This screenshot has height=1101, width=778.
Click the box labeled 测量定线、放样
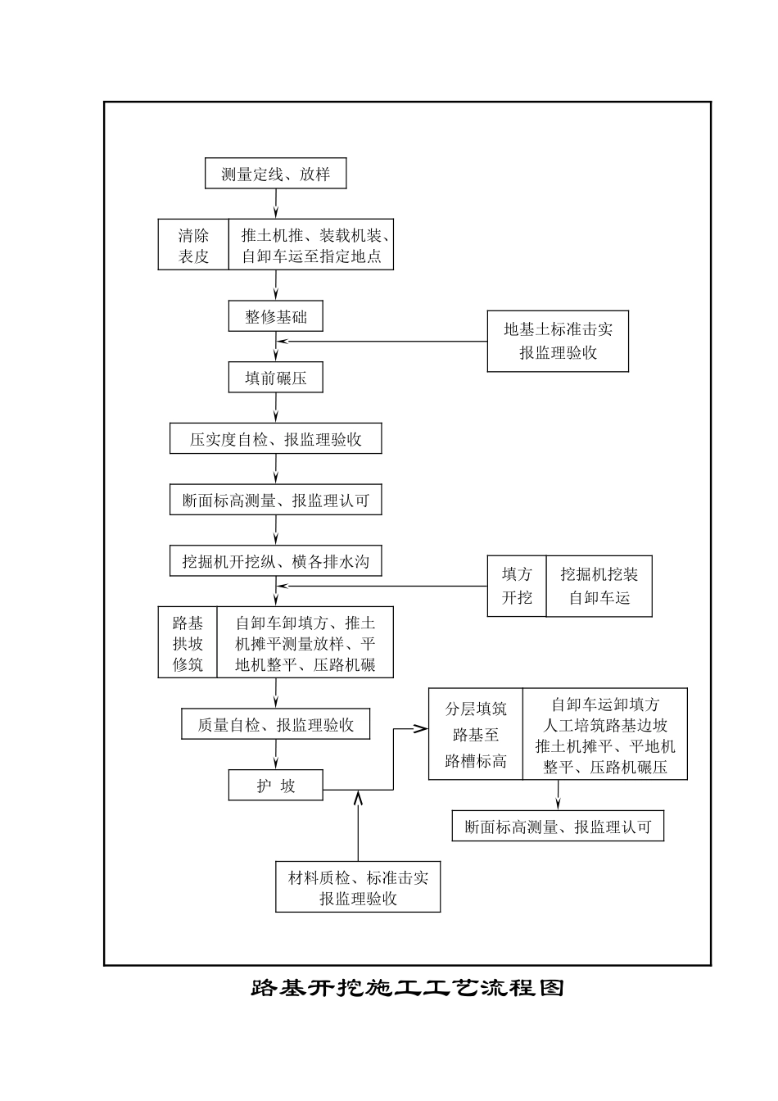click(x=275, y=174)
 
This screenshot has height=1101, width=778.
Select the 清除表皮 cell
click(x=193, y=246)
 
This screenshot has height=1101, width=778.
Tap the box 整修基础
click(x=275, y=317)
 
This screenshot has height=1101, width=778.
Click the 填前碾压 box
click(x=275, y=378)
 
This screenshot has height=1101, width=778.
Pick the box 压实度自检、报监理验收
click(x=275, y=439)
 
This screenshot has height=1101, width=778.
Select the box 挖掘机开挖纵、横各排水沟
click(x=275, y=562)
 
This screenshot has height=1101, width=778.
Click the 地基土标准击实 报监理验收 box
click(x=558, y=341)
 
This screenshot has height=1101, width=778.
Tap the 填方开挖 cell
click(x=517, y=587)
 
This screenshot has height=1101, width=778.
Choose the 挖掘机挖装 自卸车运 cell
click(x=599, y=587)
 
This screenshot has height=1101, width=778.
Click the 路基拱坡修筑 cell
click(x=188, y=643)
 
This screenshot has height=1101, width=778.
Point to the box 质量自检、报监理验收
click(x=275, y=725)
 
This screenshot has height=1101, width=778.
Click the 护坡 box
click(x=275, y=786)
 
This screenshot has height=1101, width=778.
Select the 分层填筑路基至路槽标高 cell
click(x=476, y=734)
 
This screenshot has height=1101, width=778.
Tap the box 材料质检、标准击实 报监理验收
click(x=358, y=887)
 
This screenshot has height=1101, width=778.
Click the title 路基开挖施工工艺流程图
click(x=407, y=988)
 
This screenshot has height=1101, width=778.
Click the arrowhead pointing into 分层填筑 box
click(x=421, y=728)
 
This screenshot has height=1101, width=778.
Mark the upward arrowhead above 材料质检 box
click(x=358, y=795)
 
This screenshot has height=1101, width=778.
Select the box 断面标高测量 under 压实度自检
click(x=275, y=501)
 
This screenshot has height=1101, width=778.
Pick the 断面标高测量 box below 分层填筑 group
click(x=558, y=827)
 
